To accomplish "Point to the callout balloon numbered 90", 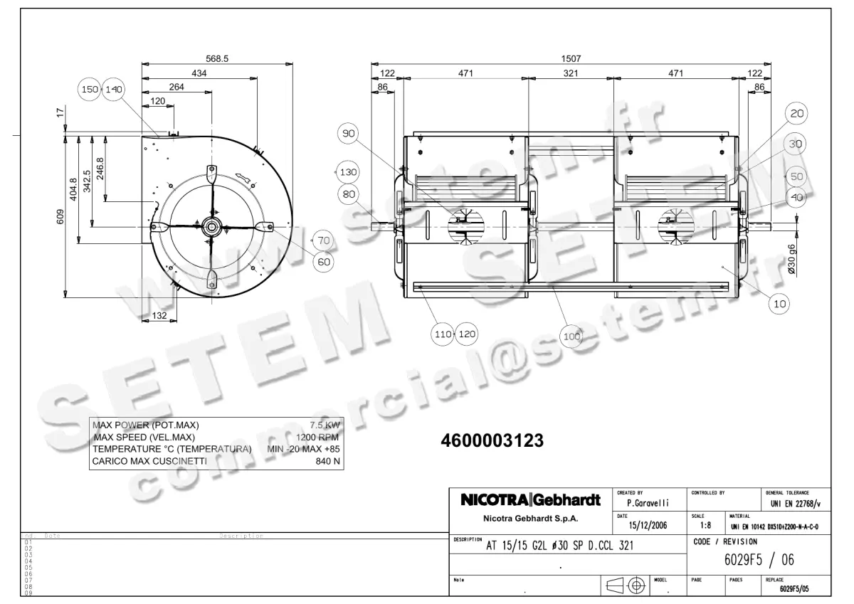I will click(349, 134).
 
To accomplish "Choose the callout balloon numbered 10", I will click(780, 304).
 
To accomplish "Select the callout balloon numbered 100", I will click(571, 337).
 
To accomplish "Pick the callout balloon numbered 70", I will click(324, 240).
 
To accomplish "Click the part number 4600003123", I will click(493, 441).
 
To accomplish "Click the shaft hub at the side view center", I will click(212, 226).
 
